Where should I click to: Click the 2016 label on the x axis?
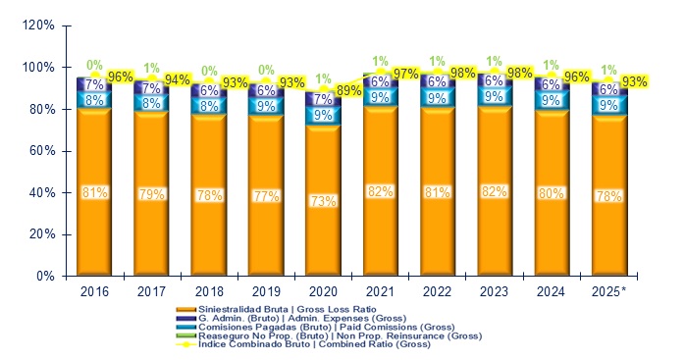click(94, 291)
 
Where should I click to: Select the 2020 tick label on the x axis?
click(322, 291)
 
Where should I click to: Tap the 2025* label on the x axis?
click(608, 291)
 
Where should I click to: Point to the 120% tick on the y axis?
click(39, 26)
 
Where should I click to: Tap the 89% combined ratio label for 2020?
click(349, 90)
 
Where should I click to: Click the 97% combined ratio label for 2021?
click(406, 75)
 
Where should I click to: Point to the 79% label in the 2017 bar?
click(151, 193)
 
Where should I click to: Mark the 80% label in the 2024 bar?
click(551, 192)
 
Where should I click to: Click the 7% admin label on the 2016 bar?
click(94, 85)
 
